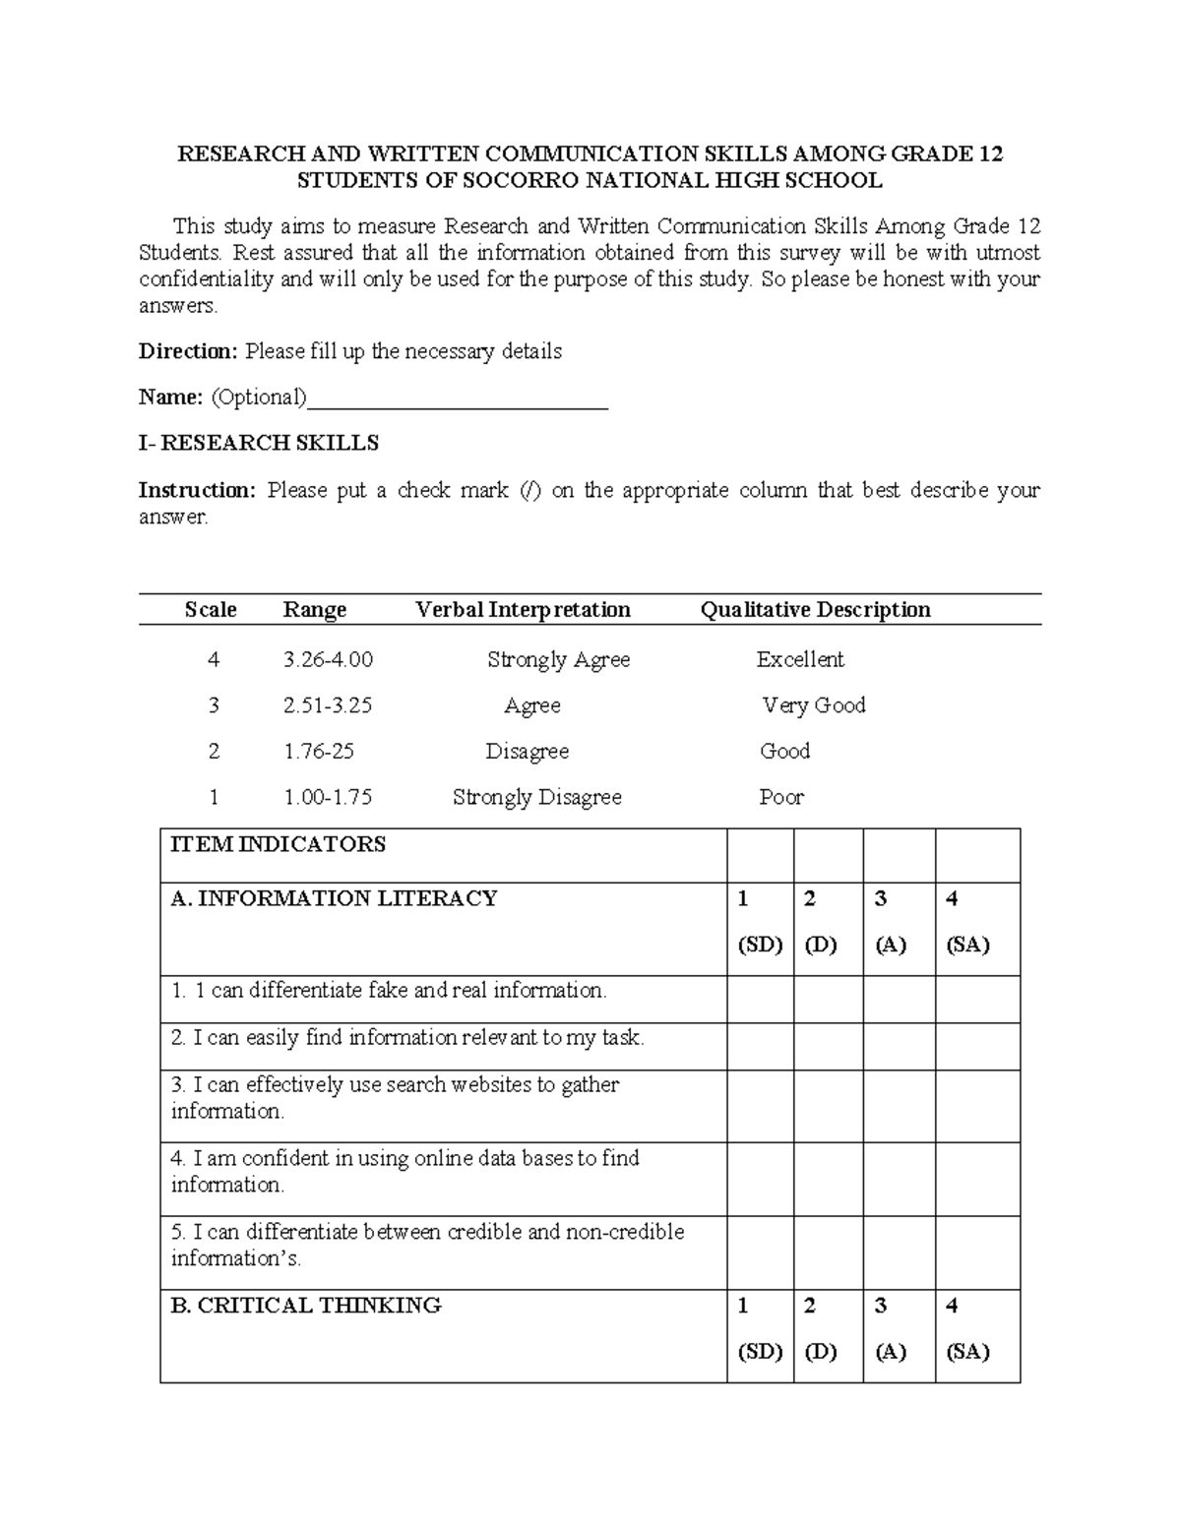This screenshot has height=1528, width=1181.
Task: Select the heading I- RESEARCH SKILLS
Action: (259, 443)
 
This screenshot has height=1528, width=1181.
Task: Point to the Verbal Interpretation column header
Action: (523, 610)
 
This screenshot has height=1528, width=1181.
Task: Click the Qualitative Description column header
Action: (815, 610)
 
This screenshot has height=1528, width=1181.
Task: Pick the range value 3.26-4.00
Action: (328, 659)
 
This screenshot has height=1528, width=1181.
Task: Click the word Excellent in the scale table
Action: (800, 659)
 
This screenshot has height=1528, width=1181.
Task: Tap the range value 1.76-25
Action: (318, 752)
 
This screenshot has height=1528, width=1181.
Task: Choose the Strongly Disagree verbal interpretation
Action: (536, 797)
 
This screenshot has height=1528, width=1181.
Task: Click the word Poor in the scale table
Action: (781, 797)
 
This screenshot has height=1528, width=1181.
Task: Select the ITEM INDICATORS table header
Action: (278, 844)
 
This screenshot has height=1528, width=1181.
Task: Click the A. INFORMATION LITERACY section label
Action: (334, 898)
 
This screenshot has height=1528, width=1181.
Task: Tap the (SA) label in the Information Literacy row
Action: (967, 945)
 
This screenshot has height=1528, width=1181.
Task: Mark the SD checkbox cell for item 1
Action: (760, 1000)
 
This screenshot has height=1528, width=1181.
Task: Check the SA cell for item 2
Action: (977, 1047)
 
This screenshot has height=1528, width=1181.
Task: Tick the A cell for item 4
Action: (899, 1179)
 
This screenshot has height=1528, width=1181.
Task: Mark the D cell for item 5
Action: (828, 1253)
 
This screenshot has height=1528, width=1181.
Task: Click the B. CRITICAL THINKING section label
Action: (305, 1306)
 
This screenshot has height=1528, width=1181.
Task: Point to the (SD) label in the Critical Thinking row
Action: (760, 1352)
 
